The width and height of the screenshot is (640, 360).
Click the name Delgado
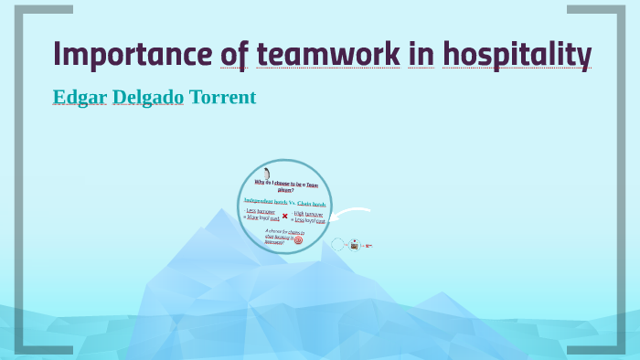point(150,97)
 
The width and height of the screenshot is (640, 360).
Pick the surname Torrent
point(223,97)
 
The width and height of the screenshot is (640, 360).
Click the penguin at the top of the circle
point(267,174)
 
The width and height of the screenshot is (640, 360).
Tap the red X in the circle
point(284,216)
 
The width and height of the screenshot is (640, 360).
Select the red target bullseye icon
point(298,240)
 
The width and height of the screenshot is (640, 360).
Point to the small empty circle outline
point(337,244)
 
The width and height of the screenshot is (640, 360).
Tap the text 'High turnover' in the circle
point(308,213)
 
